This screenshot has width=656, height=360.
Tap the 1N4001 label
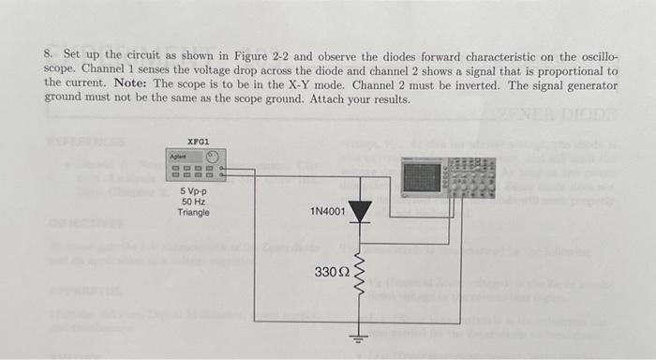327,212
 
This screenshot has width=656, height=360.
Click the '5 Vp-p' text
195,191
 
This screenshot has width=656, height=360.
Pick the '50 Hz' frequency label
194,202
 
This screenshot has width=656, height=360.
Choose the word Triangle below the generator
194,212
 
